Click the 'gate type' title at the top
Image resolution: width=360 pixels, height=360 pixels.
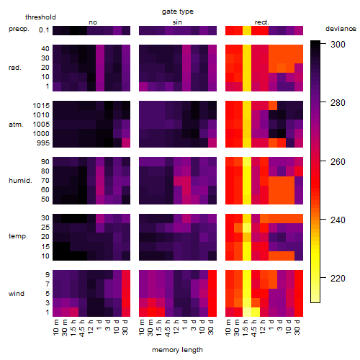coord(178,12)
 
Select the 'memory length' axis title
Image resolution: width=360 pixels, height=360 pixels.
coord(177,350)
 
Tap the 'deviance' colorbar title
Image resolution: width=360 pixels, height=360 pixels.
coord(341,29)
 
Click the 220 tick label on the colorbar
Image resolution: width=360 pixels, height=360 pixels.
coord(338,279)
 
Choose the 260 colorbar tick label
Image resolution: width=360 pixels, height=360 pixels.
coord(338,162)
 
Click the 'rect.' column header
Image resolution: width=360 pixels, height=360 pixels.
coord(262,22)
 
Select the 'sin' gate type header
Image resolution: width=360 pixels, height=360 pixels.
coord(177,22)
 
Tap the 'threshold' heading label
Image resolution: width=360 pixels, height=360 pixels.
coord(40,17)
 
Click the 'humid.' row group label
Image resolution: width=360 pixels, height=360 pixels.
coord(20,181)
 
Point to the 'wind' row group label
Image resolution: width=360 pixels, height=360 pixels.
coord(17,294)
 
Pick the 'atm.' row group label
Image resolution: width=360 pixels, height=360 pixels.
coord(16,125)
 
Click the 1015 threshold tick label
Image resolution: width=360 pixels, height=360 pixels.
coord(41,106)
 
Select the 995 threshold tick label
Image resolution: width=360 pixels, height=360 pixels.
coord(43,143)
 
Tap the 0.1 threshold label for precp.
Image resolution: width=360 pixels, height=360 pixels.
coord(44,30)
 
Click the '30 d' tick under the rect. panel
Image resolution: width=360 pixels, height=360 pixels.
coord(297,327)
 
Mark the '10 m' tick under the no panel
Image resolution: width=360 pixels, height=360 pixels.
coord(55,327)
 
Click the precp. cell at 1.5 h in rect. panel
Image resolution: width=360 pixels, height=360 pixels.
coord(247,30)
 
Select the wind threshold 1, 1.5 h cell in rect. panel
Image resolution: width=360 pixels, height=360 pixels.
coord(247,312)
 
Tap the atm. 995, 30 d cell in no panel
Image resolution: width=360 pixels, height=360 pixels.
coord(126,143)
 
